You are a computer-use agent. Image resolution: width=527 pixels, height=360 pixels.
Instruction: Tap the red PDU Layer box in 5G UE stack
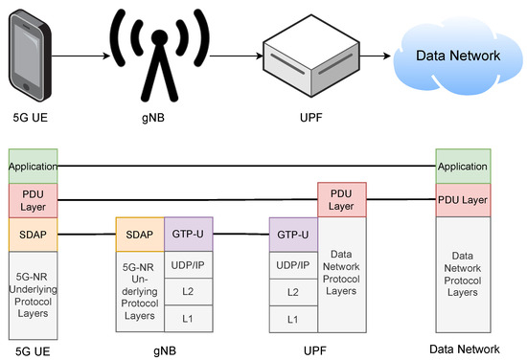pos(34,200)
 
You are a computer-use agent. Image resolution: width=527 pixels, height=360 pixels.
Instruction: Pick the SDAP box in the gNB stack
pos(140,234)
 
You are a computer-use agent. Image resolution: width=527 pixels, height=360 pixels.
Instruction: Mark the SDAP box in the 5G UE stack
pos(34,235)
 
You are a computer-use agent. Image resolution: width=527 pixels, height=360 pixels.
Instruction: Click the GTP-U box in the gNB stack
pos(188,234)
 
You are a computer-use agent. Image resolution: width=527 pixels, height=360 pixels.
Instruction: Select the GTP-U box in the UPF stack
pos(293,234)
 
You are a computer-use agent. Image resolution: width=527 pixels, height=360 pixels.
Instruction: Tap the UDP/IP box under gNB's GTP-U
pos(188,262)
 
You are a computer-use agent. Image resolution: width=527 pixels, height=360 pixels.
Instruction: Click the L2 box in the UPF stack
pos(293,290)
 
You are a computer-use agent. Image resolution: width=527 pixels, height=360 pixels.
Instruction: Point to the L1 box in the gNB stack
pos(188,317)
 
